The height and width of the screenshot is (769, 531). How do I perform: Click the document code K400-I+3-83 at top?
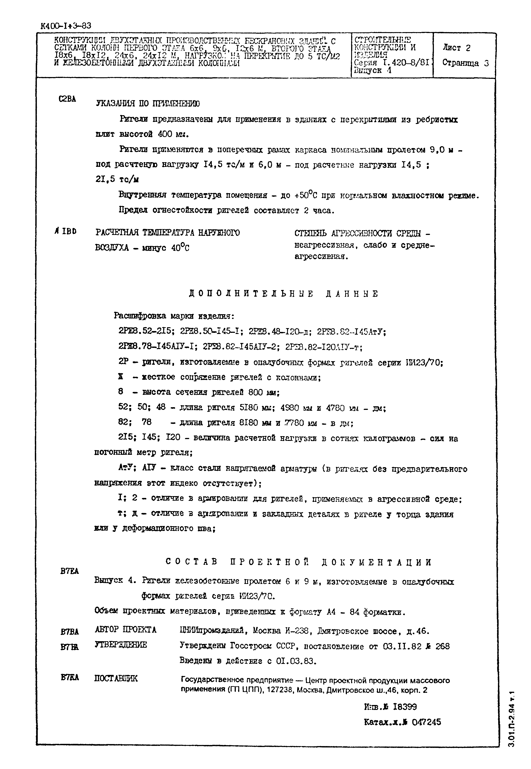(x=66, y=26)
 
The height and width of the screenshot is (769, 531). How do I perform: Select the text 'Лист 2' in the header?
(x=456, y=48)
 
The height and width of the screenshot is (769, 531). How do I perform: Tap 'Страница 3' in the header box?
(x=465, y=63)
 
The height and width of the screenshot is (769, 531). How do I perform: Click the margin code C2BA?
(x=67, y=99)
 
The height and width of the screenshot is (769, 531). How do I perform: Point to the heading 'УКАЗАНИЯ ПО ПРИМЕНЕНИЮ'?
(x=148, y=104)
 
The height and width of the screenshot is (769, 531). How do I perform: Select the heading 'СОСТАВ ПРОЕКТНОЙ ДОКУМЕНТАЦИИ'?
(x=299, y=562)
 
